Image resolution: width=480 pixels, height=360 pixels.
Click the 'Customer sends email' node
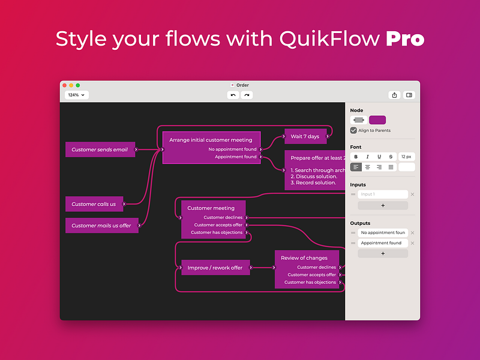(x=100, y=149)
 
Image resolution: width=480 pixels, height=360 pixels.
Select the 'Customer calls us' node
(x=94, y=204)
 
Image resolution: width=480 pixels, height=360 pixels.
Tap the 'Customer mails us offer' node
(x=101, y=226)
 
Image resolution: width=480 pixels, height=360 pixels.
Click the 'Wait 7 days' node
(x=305, y=136)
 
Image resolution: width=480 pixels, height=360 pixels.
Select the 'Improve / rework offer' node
(x=215, y=268)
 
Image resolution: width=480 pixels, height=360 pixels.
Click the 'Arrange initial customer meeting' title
(x=211, y=140)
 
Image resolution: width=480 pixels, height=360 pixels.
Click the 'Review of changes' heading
(x=304, y=258)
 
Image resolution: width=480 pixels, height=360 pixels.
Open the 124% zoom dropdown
(x=77, y=95)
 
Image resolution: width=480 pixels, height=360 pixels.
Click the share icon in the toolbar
(x=394, y=95)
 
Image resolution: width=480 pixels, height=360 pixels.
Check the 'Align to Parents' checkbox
(x=353, y=130)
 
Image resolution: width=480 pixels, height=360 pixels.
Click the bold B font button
(x=356, y=157)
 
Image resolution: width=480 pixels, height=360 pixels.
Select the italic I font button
(x=367, y=157)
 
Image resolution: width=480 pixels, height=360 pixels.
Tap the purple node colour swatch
(x=377, y=120)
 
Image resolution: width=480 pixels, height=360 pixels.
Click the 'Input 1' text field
(x=383, y=194)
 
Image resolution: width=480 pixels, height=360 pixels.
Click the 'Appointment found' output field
(x=383, y=243)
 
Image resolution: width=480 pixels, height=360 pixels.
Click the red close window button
(x=64, y=85)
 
